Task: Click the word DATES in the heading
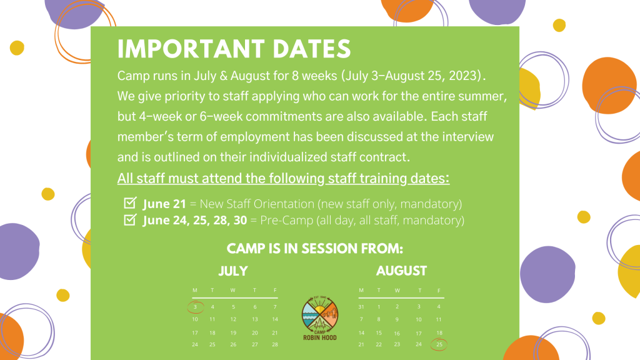click(x=312, y=49)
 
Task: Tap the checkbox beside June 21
click(x=130, y=202)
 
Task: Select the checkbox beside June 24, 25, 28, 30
click(x=130, y=219)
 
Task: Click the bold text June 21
click(x=164, y=204)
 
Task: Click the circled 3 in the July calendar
click(x=195, y=307)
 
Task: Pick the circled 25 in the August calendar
click(x=439, y=344)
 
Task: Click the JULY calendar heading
click(x=233, y=271)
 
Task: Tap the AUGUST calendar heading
click(x=401, y=271)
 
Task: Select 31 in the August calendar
click(x=361, y=306)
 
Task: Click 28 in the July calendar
click(x=275, y=344)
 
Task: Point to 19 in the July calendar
click(x=233, y=333)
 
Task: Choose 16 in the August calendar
click(x=397, y=334)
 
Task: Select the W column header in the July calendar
click(x=232, y=290)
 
